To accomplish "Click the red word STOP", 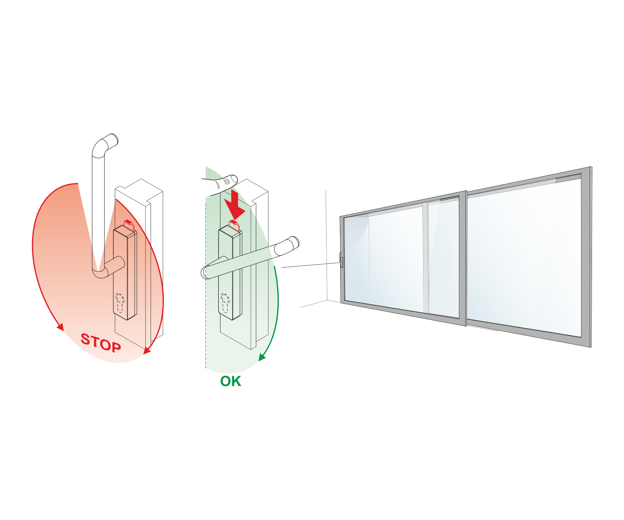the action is point(101,342).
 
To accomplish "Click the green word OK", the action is point(230,381).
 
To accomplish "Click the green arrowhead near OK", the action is point(262,357).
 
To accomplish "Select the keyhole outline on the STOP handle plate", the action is point(120,303).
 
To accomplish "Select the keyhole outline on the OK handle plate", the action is point(225,303).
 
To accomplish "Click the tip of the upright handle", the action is point(114,139).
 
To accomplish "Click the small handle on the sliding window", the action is point(341,260).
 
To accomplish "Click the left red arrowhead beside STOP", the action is point(61,327).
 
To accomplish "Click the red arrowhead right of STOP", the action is point(147,350).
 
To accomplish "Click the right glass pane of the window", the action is point(524,258).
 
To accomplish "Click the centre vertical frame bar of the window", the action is point(466,258).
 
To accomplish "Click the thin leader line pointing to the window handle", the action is point(310,265).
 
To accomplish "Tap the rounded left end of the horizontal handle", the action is point(205,272).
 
